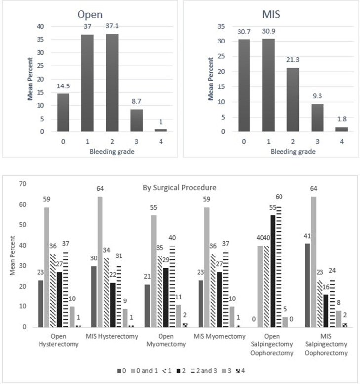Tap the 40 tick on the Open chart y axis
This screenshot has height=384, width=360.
pos(40,26)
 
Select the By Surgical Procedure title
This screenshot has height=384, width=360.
pos(180,188)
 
